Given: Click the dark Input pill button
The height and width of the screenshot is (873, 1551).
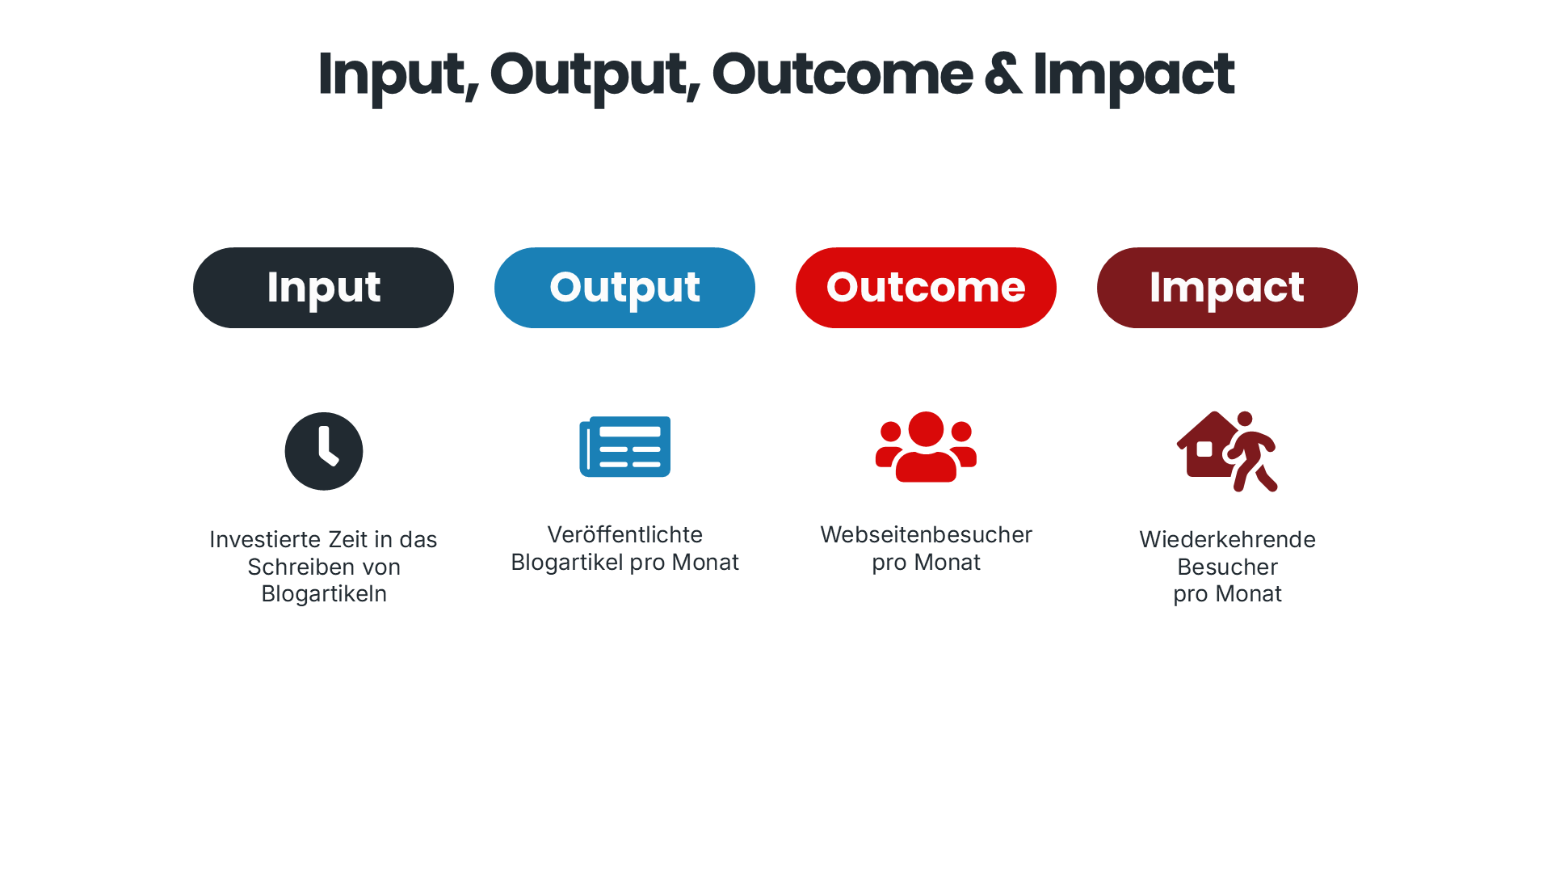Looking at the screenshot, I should (x=323, y=288).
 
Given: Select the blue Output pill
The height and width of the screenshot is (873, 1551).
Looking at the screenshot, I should (x=624, y=288).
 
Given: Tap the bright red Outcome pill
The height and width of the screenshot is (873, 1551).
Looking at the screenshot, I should (x=926, y=288).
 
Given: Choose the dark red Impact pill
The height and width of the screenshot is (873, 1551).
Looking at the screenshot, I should (x=1227, y=288).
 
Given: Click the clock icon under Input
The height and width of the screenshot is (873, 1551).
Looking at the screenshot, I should (x=324, y=451).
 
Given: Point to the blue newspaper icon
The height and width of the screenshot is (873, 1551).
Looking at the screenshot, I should (x=624, y=447).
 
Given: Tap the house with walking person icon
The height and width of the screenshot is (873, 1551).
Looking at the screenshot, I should (x=1227, y=451).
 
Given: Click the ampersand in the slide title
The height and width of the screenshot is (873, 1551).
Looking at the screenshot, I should (x=1002, y=74).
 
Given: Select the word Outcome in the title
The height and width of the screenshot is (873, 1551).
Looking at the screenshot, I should (x=842, y=74).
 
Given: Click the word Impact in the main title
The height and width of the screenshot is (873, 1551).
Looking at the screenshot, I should (x=1133, y=74).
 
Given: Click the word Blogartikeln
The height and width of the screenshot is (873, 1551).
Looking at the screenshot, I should (x=324, y=593).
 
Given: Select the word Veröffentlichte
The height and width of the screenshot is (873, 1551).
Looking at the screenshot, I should (x=624, y=534).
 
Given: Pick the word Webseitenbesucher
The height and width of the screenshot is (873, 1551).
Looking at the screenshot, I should (x=926, y=534).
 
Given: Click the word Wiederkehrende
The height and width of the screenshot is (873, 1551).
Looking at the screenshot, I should (x=1227, y=539).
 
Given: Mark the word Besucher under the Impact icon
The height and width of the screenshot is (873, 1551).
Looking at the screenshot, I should (x=1227, y=567).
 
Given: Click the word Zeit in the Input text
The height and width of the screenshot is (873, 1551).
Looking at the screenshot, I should (x=347, y=539).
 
